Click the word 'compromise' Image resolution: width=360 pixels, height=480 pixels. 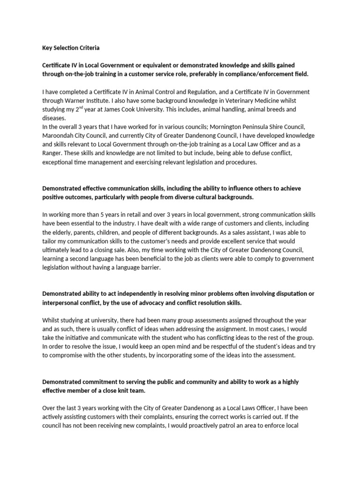[x=68, y=355]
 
